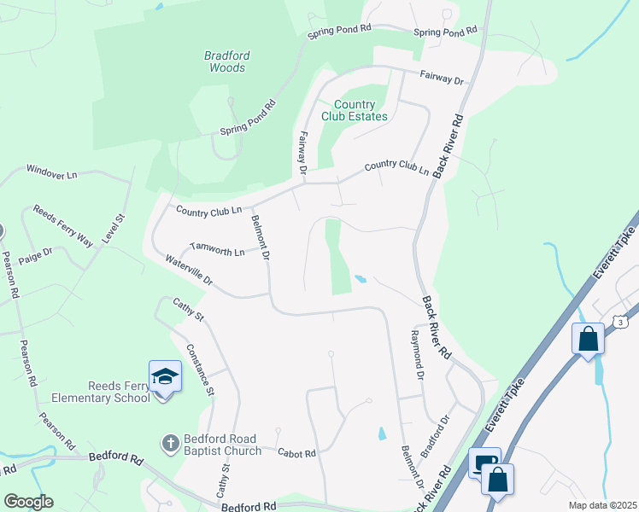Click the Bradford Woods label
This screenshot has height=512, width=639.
226,61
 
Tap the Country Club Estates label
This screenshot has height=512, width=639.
355,110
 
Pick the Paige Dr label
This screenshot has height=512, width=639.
36,253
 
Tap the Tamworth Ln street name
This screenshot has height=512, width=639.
217,247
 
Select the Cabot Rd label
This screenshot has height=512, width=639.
297,453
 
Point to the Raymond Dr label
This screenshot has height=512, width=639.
418,354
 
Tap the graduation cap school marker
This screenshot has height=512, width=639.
165,376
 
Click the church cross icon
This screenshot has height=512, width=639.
170,443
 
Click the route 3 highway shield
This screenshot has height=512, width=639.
619,322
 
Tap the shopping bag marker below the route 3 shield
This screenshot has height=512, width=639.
588,339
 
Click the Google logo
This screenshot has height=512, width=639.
28,502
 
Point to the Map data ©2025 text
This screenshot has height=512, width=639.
601,505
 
